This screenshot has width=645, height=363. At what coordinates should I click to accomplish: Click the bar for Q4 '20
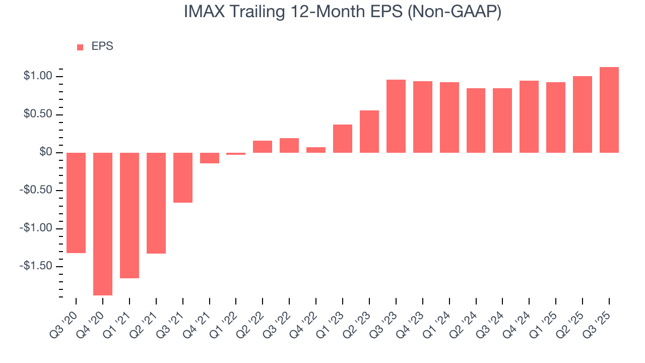coord(103,224)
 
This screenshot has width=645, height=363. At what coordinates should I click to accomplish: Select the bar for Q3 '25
coord(609,110)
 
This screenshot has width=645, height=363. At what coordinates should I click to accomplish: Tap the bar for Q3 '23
coord(396,116)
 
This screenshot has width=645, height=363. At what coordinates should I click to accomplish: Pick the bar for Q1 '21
coord(130,215)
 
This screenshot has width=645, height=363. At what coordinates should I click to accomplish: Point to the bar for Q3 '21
coord(183,177)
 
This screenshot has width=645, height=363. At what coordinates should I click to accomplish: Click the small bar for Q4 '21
coord(210,158)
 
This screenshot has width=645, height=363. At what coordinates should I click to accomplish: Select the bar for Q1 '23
coord(343,139)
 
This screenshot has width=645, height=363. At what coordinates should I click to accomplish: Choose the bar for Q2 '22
coord(263,147)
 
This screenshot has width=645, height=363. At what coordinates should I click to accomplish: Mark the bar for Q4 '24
coord(529,116)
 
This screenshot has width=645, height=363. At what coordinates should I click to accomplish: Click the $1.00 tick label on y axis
coord(38,77)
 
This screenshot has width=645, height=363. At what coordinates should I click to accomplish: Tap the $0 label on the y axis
coord(46,152)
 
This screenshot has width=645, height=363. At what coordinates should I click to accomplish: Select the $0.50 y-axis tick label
coord(38,114)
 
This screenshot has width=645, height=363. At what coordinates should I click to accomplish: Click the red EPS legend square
coord(80,47)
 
